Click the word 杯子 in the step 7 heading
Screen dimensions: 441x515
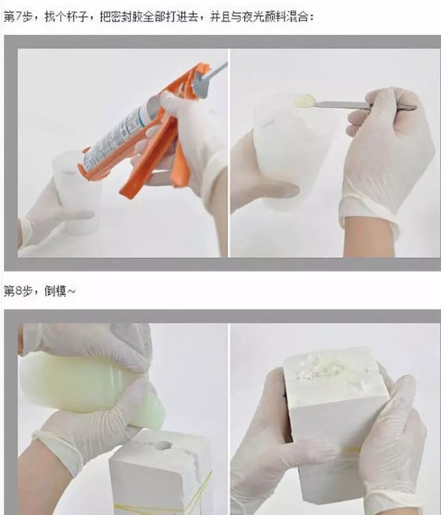point(77,16)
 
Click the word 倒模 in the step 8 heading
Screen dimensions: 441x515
point(56,291)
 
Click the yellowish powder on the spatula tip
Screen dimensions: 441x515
point(304,100)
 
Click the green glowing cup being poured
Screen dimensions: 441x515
point(89,384)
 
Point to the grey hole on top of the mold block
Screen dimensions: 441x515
point(162,446)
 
